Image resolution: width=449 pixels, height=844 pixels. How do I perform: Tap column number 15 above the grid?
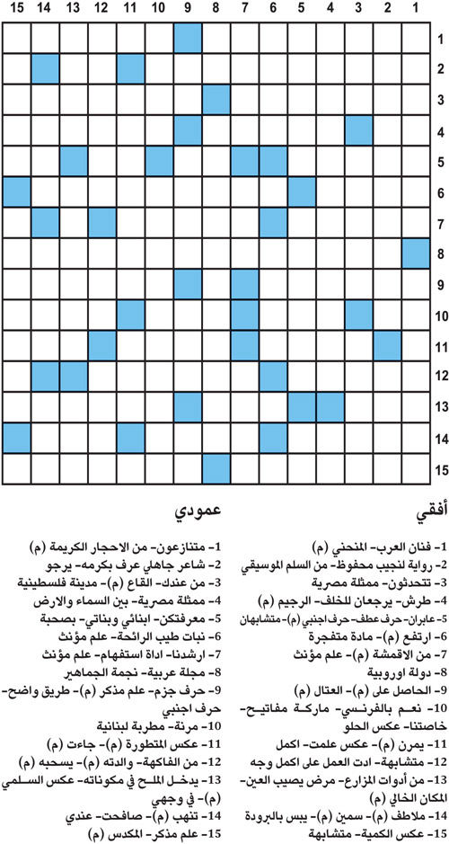[x=15, y=10]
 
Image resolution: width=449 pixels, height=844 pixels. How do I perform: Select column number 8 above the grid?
[x=216, y=10]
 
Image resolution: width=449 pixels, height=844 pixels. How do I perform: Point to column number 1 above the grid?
[x=417, y=10]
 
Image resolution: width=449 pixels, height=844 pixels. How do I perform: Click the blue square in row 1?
[x=188, y=39]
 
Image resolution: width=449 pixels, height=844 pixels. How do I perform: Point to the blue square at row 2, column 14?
[x=44, y=69]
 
